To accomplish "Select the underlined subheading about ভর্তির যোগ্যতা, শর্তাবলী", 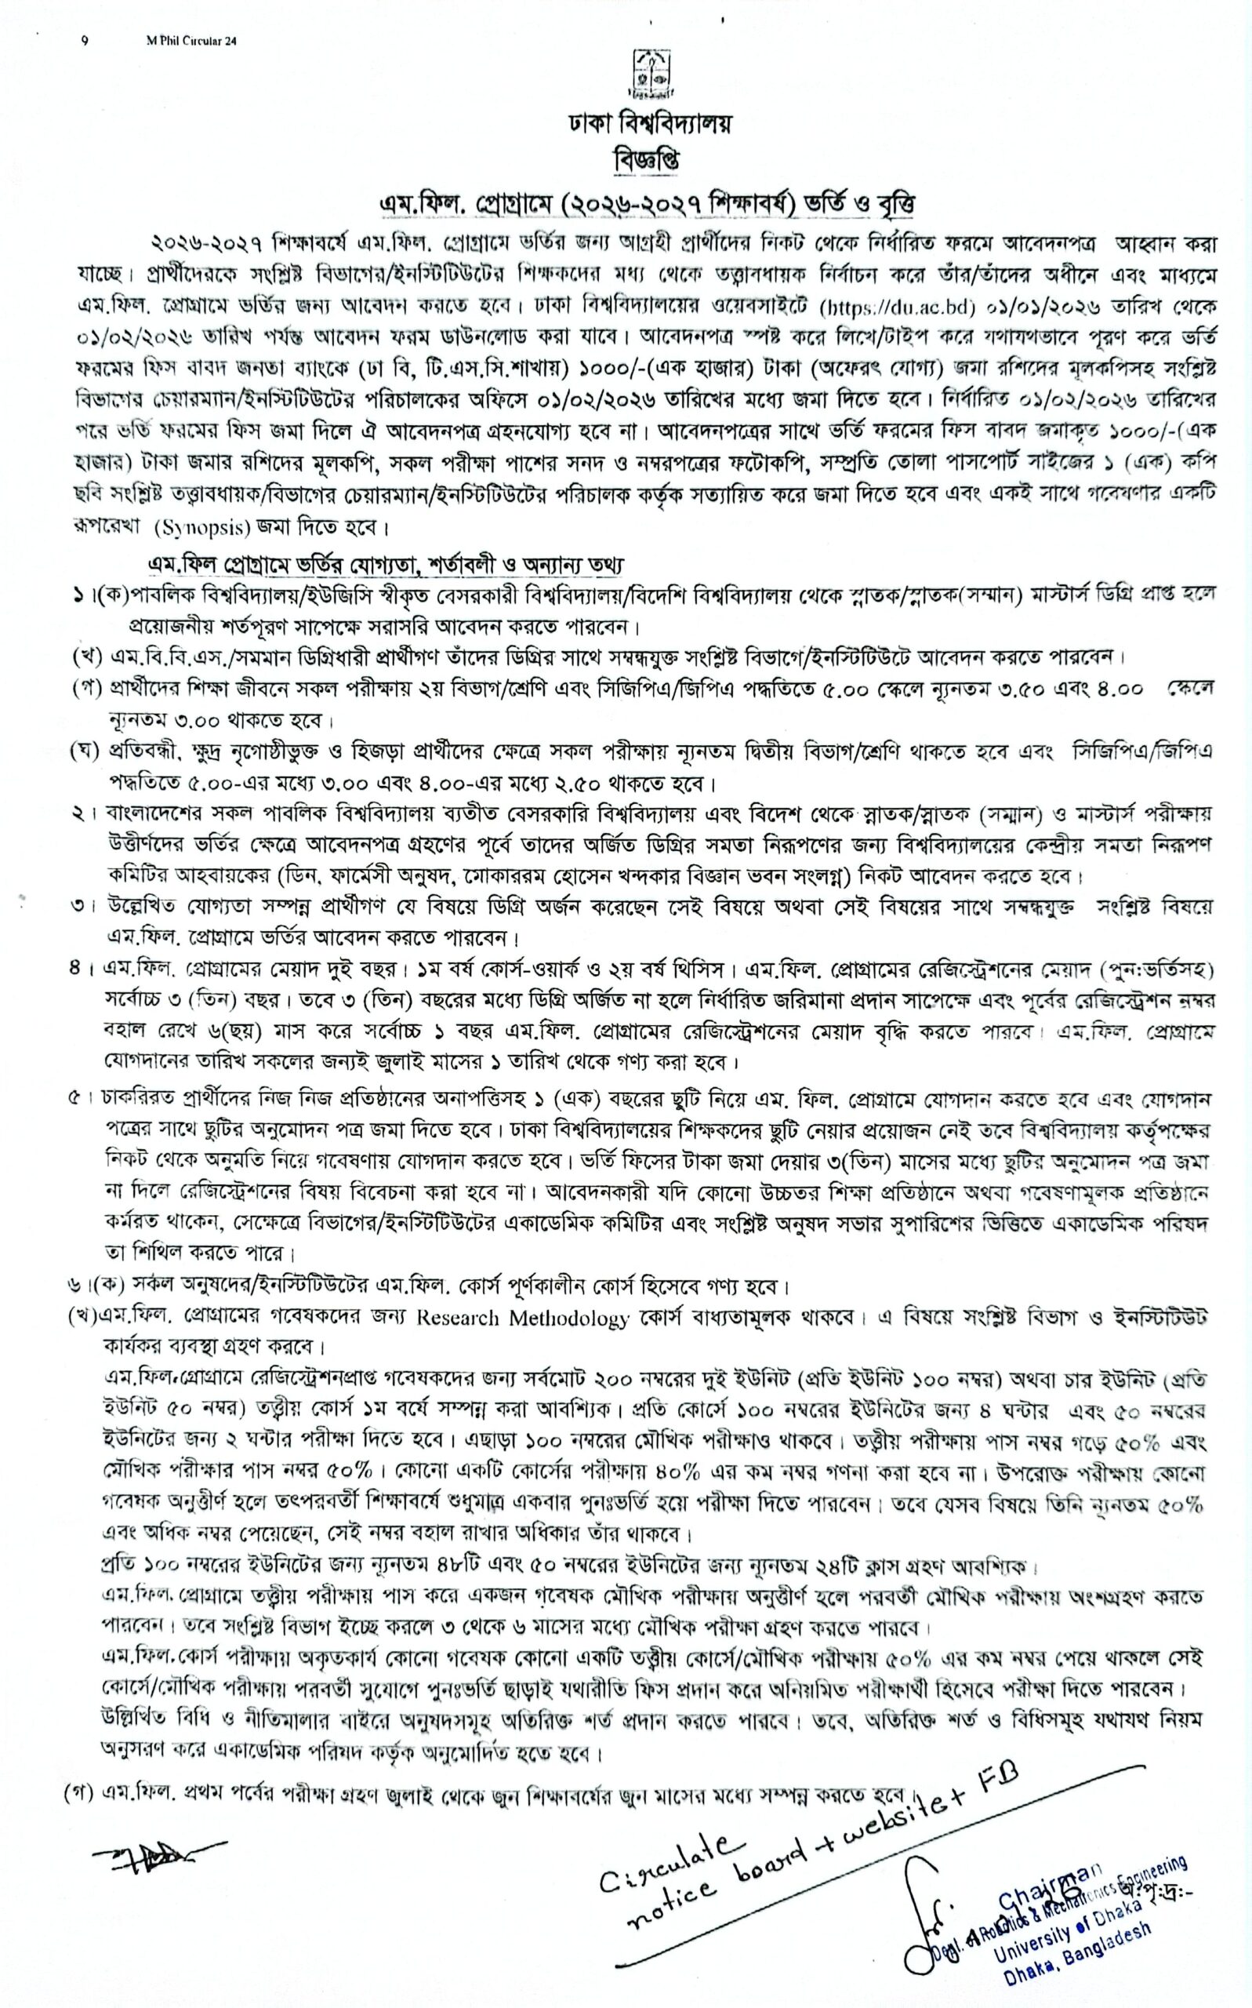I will [385, 565].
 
